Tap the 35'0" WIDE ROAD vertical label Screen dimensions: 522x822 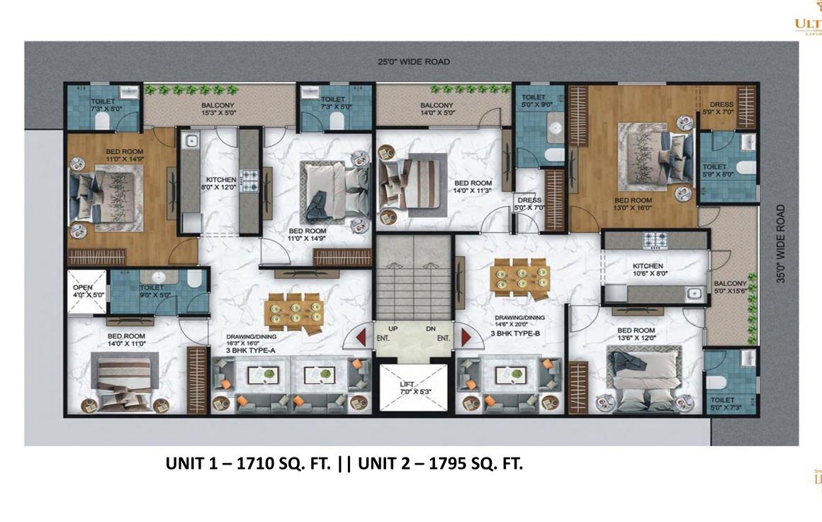tap(780, 243)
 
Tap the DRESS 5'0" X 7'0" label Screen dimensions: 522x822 tap(529, 204)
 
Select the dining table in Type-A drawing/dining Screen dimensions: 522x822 tap(293, 311)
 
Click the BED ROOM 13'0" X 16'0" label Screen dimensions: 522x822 tap(633, 204)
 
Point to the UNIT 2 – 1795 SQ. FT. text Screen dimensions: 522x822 tap(440, 464)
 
